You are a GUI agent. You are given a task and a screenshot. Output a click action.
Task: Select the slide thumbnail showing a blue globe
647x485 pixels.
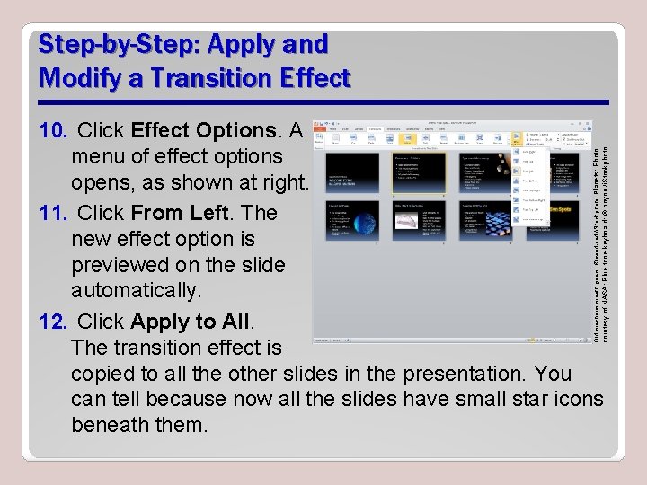pyautogui.click(x=351, y=220)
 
